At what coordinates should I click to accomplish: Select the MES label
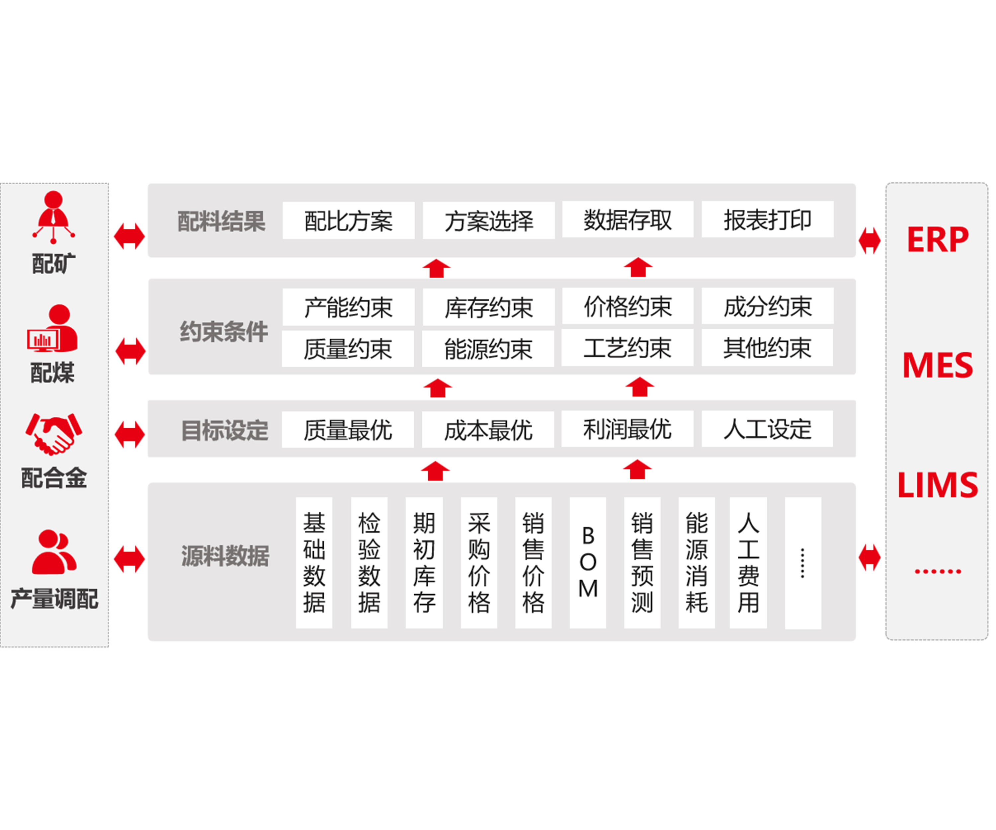(x=937, y=365)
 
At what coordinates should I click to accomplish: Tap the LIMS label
(x=937, y=485)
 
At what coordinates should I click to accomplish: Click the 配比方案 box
(x=349, y=220)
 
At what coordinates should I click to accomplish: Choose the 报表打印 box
(x=767, y=219)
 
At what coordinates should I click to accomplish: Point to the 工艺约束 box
(x=627, y=348)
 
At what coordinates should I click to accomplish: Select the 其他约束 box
(x=767, y=348)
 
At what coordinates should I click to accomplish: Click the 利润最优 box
(x=627, y=429)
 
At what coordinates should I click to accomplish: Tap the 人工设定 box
(x=767, y=429)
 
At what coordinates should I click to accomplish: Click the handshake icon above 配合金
(x=53, y=434)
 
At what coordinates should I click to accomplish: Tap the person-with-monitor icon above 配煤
(x=53, y=329)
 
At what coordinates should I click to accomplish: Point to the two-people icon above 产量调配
(x=53, y=552)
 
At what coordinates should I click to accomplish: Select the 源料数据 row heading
(x=225, y=556)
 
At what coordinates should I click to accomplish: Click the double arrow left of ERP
(x=870, y=240)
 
